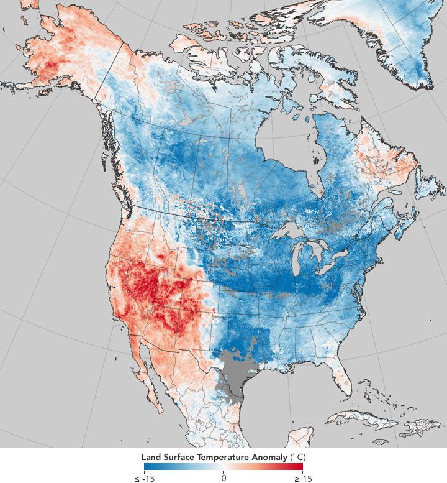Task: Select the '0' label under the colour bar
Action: [223, 478]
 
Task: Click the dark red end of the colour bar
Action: [298, 467]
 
